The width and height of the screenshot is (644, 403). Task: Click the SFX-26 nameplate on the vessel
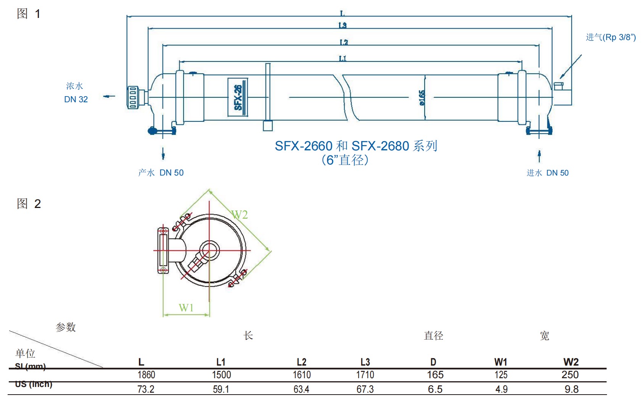coord(238,97)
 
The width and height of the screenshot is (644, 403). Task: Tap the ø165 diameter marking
coord(422,98)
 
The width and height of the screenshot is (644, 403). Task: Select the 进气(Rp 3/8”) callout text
coord(610,37)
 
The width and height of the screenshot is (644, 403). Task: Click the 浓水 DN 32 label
coord(76,93)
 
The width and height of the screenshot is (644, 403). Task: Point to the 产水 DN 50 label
coord(161,173)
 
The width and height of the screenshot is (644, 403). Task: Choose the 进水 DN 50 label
coord(547,173)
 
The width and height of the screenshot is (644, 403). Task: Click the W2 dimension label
coord(240,215)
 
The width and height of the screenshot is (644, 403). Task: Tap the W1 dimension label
coord(186,308)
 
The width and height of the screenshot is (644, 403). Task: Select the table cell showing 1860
coord(146,375)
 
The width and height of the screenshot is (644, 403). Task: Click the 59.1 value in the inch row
coord(221,389)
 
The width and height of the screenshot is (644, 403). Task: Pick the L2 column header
coord(301,362)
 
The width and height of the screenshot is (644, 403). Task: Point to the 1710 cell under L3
coord(365,375)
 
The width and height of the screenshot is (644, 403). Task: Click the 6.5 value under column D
coord(435,389)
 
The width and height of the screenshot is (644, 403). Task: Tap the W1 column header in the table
coord(501,362)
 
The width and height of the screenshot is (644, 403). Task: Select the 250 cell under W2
coord(570,375)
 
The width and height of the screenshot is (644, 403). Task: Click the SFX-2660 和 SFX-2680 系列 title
coord(356,146)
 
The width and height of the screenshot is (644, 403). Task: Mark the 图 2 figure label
coord(29,204)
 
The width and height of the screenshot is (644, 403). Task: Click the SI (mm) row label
coord(30,367)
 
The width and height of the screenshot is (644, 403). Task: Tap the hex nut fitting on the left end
coord(133,98)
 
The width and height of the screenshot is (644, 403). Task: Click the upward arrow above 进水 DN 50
coord(539,156)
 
